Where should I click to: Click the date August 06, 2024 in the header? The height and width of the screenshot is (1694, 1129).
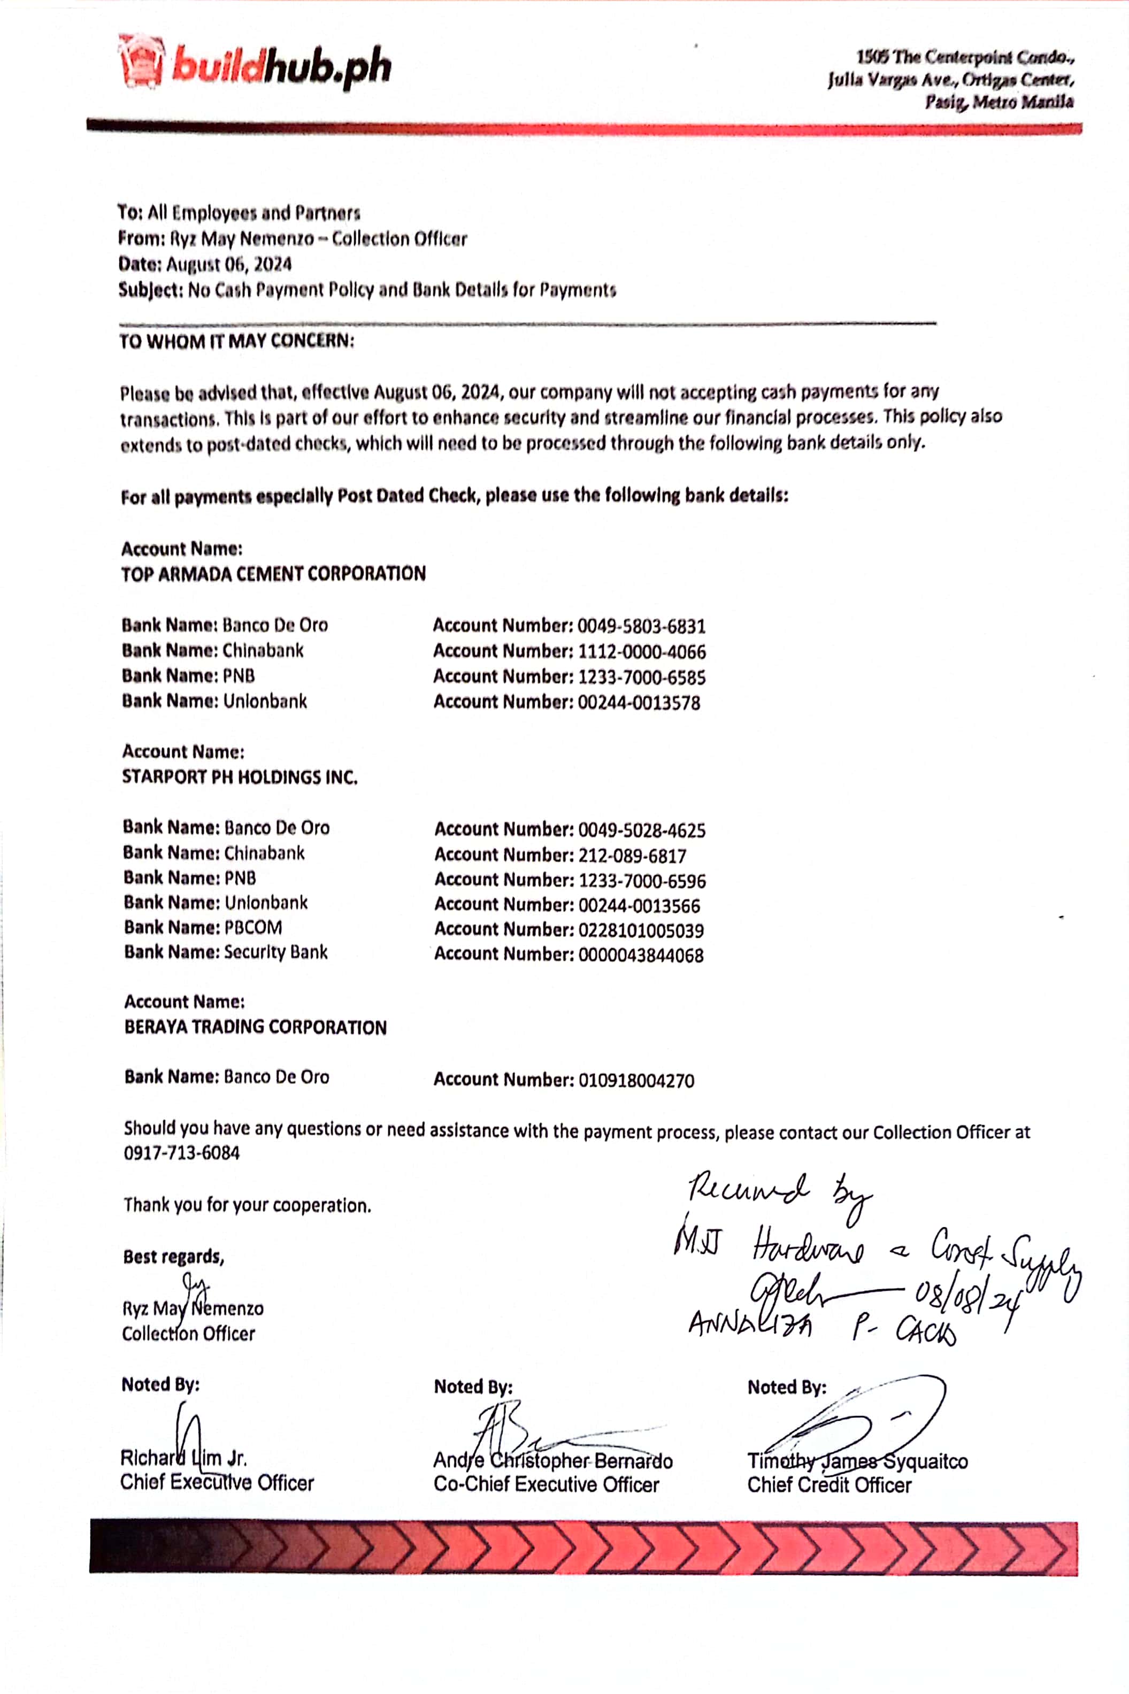point(228,264)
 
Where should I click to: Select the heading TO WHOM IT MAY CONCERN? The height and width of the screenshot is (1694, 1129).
point(237,341)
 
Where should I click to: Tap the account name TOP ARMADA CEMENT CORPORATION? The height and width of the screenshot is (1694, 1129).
point(274,574)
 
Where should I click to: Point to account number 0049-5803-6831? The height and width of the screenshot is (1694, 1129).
point(641,626)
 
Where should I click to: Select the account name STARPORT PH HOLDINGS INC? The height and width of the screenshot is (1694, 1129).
point(240,777)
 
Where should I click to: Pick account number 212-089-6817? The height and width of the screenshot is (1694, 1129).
point(632,855)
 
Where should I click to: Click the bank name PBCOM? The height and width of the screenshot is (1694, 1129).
point(253,927)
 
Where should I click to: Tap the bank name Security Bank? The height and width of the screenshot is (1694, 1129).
point(276,952)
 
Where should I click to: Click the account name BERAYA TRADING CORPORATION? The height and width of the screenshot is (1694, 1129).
point(256,1027)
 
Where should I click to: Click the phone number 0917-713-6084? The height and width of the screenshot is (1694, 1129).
point(181,1153)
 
